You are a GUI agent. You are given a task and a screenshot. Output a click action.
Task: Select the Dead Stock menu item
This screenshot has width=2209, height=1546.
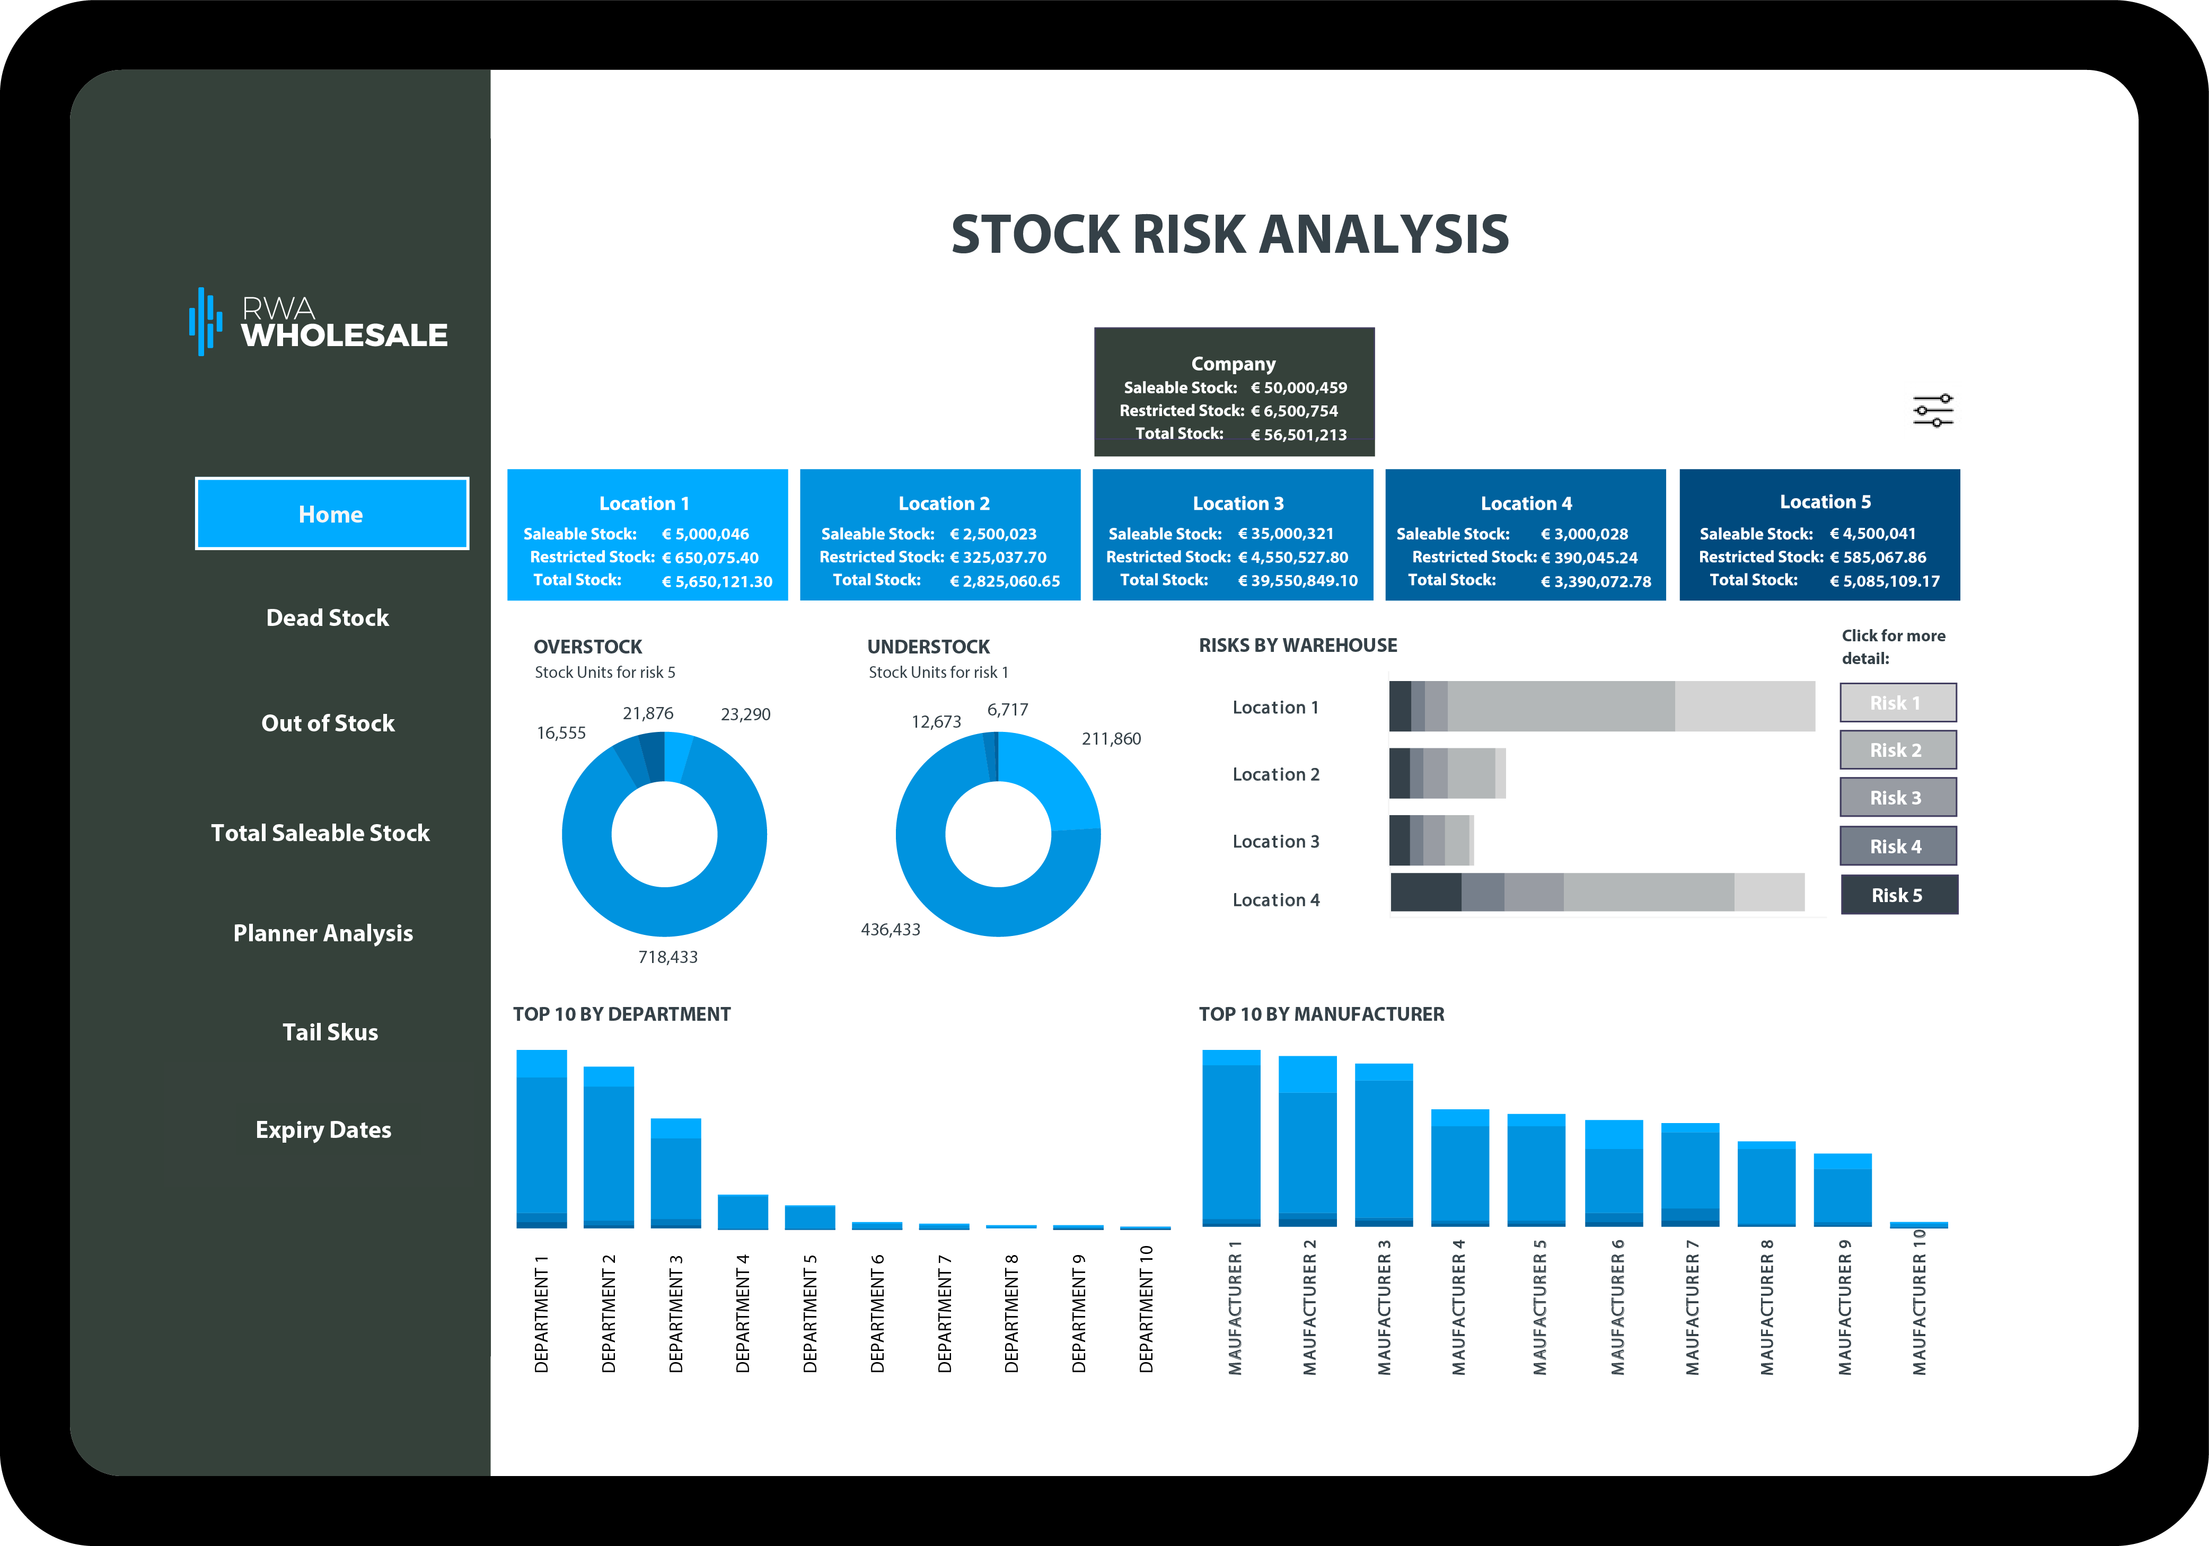coord(328,617)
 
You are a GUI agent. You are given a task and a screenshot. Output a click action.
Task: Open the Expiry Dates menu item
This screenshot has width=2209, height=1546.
coord(323,1130)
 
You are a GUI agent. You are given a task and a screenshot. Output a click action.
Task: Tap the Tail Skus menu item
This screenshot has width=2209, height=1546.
coord(330,1032)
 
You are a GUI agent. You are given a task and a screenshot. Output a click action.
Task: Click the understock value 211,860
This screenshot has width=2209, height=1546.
coord(1111,739)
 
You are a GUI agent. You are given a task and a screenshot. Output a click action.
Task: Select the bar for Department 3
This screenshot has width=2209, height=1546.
coord(675,1174)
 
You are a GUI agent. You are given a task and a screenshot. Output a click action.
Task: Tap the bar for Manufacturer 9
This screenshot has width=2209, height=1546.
coord(1843,1190)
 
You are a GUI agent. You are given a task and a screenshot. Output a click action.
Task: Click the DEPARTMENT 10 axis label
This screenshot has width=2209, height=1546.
coord(1146,1309)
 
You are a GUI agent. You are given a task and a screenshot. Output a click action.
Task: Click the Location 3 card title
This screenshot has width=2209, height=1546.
coord(1238,503)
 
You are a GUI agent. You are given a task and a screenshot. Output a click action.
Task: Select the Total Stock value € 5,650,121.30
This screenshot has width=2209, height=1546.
coord(717,581)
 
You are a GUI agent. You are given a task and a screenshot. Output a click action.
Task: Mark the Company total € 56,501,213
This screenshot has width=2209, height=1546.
coord(1298,435)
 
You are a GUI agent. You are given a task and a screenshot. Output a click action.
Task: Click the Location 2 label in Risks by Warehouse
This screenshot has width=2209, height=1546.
coord(1276,774)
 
